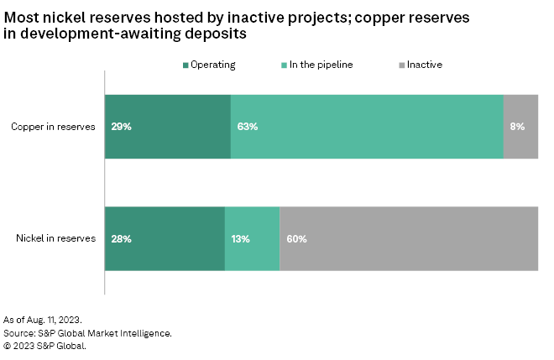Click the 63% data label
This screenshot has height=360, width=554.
(x=247, y=127)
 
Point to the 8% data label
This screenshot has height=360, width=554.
(x=517, y=127)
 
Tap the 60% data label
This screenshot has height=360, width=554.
(x=296, y=238)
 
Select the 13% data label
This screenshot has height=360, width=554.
(x=241, y=238)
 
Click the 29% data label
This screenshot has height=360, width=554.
(x=121, y=127)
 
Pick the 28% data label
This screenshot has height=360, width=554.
(x=121, y=238)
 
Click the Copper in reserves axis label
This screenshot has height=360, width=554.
(x=53, y=127)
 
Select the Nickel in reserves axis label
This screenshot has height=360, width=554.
(x=55, y=238)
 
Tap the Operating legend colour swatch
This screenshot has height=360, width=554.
(x=186, y=64)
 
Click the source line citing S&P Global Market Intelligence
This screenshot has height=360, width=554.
(x=87, y=333)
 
